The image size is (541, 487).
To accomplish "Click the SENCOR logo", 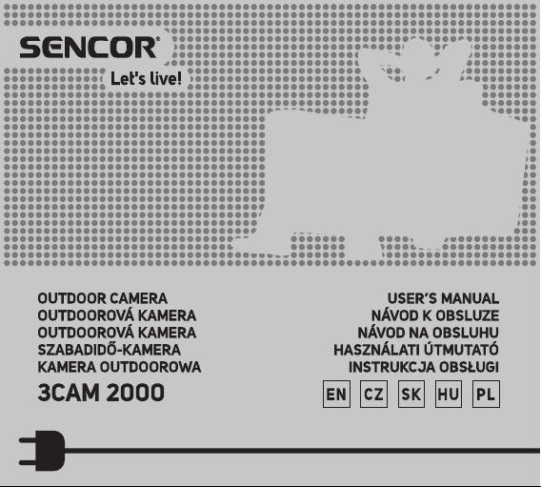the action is click(90, 48).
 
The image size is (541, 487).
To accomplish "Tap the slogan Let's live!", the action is click(146, 79).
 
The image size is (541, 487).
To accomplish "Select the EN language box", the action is click(336, 395).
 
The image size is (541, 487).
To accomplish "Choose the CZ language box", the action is click(373, 395).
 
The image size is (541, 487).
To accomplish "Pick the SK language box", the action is click(411, 395).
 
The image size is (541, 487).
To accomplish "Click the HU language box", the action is click(449, 395).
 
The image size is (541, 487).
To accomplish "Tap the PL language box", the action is click(486, 395).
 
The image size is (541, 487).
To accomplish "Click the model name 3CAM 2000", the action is click(101, 393).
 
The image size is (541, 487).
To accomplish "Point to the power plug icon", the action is click(42, 451).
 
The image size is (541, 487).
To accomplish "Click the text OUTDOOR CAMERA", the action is click(103, 298).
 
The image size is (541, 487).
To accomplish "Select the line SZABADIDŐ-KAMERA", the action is click(109, 350).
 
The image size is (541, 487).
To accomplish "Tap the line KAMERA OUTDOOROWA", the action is click(119, 367).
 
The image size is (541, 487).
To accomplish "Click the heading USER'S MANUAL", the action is click(443, 298).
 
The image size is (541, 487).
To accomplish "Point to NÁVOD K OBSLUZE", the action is click(435, 315).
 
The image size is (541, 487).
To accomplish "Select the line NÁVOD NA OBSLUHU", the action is click(429, 332).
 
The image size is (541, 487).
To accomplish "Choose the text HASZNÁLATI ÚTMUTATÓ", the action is click(416, 350).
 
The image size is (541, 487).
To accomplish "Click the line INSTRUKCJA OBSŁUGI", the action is click(424, 367).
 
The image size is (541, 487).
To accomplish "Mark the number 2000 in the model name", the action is click(135, 393).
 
